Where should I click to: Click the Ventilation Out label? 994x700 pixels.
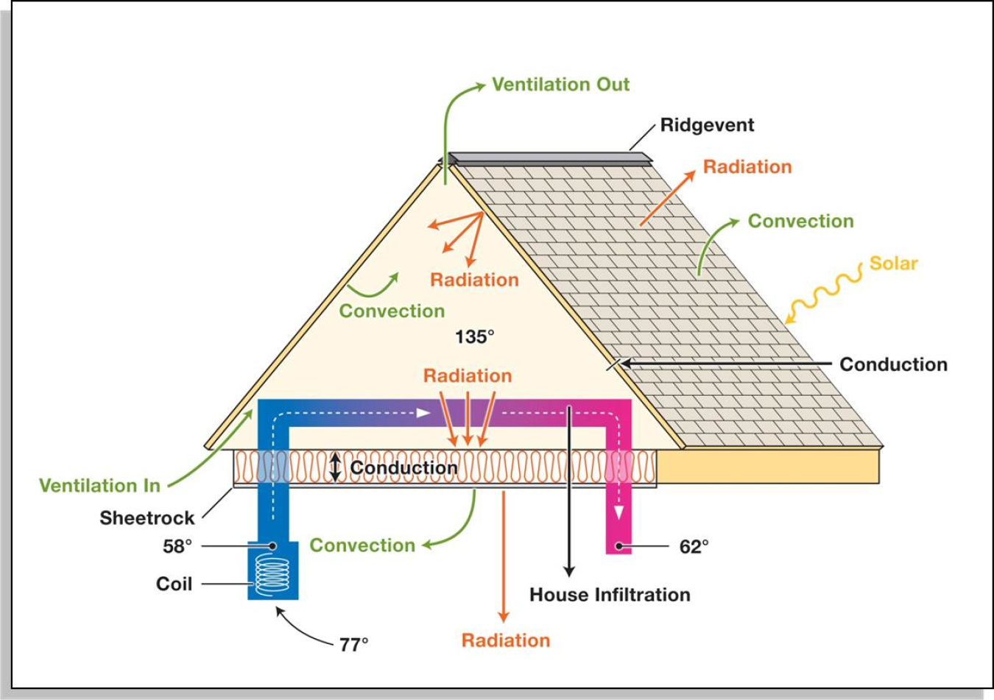click(x=560, y=85)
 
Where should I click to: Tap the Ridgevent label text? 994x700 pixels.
click(x=707, y=125)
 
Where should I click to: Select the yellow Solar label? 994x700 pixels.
click(x=893, y=264)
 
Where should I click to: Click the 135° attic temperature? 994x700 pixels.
click(x=474, y=337)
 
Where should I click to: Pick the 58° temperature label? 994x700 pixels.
click(x=177, y=546)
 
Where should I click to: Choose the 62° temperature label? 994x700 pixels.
click(x=694, y=546)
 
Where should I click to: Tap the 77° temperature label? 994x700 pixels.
click(x=353, y=645)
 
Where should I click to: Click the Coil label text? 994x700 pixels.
click(x=174, y=584)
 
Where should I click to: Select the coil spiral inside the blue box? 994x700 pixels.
click(x=272, y=575)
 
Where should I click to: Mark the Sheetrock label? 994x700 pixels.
click(x=147, y=518)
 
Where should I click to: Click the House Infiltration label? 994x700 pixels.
click(x=610, y=595)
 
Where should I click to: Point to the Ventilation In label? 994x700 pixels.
click(x=99, y=486)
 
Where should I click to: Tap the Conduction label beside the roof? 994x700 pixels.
click(x=893, y=364)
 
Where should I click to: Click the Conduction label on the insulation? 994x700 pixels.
click(x=403, y=468)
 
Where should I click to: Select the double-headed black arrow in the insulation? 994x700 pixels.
click(x=336, y=467)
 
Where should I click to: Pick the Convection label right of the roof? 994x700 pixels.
click(x=800, y=222)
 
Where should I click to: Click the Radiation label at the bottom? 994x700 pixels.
click(x=505, y=640)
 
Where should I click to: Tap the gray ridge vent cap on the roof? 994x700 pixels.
click(x=549, y=158)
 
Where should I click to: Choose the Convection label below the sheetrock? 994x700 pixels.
click(x=362, y=545)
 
